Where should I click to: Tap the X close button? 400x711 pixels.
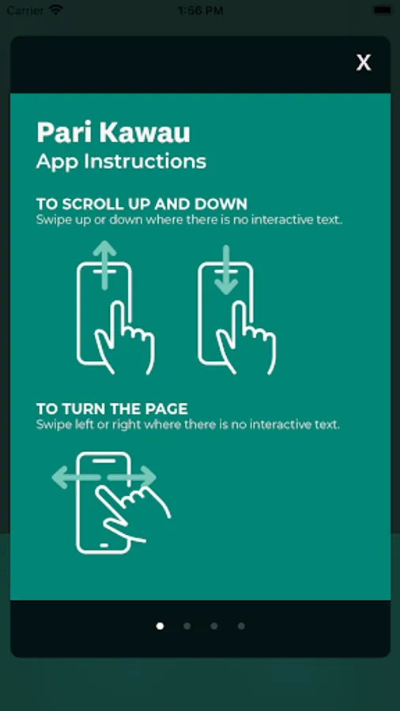(364, 62)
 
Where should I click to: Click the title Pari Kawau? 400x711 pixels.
(113, 133)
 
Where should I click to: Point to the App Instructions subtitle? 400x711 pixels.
(121, 161)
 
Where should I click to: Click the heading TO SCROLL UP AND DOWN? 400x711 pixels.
(142, 204)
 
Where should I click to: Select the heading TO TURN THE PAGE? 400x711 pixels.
(112, 409)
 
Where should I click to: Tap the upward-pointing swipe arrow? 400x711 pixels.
(105, 265)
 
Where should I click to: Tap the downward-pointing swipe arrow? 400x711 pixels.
(226, 270)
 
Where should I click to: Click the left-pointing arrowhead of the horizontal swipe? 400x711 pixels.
(61, 477)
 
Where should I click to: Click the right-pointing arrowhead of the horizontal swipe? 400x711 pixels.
(146, 477)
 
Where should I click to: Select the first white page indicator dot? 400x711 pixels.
(160, 626)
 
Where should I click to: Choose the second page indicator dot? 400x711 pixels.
(187, 626)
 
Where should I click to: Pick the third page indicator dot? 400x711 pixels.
(214, 626)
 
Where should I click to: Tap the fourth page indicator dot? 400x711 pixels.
(241, 626)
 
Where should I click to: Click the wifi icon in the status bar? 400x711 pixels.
(56, 10)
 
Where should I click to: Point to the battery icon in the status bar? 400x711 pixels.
(383, 10)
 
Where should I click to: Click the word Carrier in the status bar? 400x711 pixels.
(25, 10)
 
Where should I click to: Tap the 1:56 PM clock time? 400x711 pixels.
(200, 10)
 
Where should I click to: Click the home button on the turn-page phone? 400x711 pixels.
(104, 545)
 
